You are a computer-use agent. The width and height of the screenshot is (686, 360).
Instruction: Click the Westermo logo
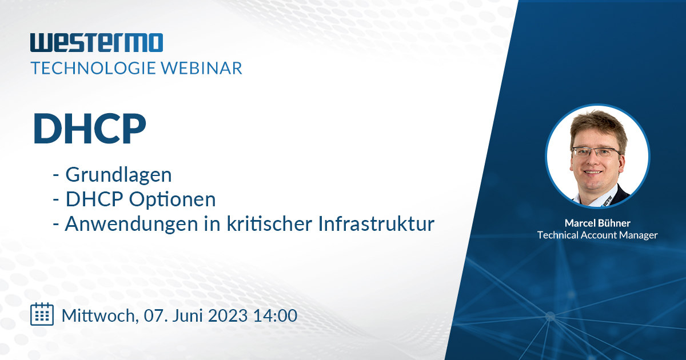(x=97, y=43)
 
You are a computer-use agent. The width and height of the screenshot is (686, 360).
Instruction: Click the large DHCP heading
(x=89, y=129)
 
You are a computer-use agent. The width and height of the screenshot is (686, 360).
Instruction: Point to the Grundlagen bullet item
(x=118, y=174)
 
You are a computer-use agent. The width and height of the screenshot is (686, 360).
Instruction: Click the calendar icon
(x=42, y=314)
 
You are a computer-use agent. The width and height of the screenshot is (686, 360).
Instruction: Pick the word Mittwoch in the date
(x=97, y=315)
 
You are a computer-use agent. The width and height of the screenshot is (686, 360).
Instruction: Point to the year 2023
(x=229, y=315)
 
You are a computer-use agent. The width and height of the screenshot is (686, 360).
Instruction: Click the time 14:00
(x=276, y=315)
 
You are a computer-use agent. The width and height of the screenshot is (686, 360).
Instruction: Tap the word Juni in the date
(x=189, y=315)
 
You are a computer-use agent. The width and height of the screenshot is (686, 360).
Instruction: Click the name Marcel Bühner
(x=597, y=222)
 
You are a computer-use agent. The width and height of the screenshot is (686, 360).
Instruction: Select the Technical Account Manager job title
(x=597, y=235)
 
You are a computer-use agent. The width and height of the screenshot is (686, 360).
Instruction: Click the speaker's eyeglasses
(x=596, y=152)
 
